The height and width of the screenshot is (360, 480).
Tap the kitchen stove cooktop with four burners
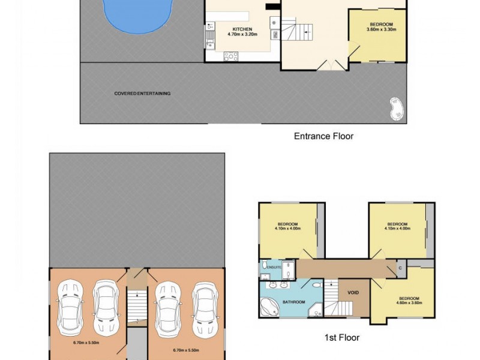(230, 56)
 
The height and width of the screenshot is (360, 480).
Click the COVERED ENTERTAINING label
(142, 94)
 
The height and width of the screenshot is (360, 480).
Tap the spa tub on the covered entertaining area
(397, 108)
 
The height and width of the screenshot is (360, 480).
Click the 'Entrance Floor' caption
(323, 136)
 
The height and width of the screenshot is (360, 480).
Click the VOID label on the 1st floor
(353, 293)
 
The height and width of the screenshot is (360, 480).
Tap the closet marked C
(400, 268)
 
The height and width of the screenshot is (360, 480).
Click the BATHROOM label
(293, 302)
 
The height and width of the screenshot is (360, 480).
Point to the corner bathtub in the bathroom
(269, 308)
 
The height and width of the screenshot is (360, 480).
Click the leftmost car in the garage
(70, 308)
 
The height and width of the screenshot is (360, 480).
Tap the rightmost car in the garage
(202, 308)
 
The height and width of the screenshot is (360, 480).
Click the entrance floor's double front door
(331, 65)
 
